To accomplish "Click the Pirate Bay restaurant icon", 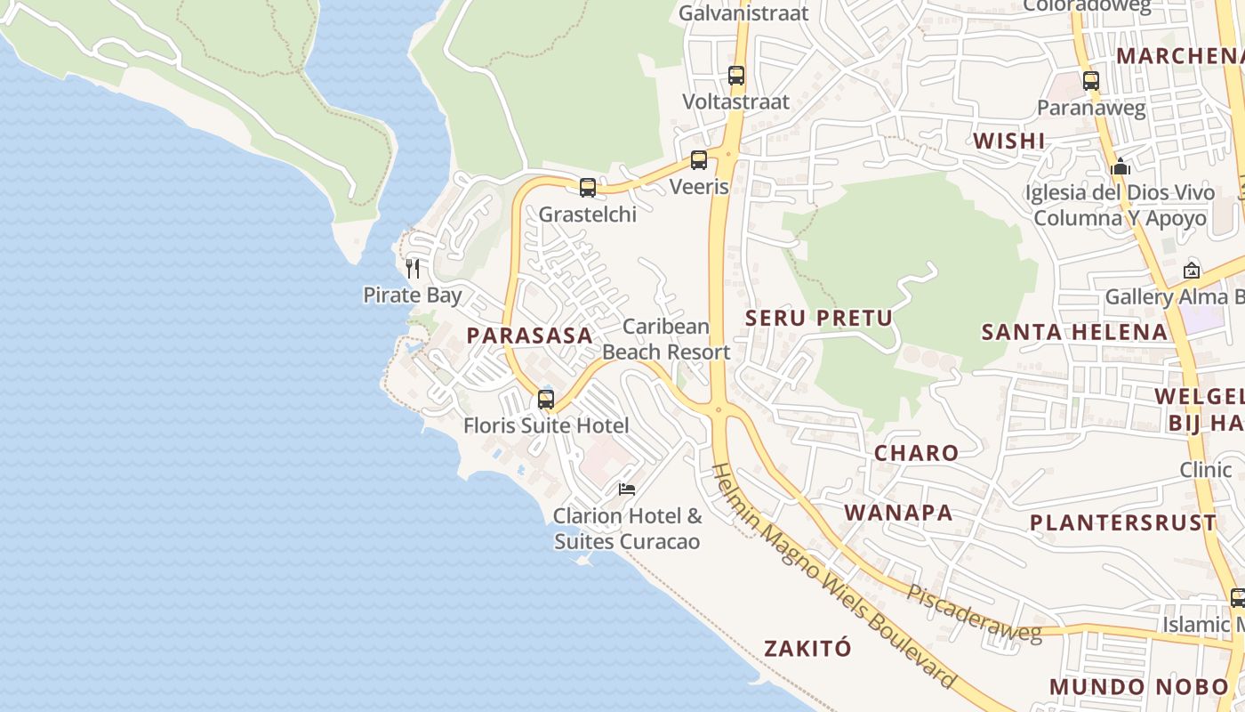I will click(413, 268).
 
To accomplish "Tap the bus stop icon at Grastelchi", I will click(588, 188).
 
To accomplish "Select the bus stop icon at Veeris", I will click(699, 160).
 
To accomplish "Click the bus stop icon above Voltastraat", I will click(736, 76).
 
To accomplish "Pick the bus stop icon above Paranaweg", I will click(1091, 81).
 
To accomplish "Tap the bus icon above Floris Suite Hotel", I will click(546, 400).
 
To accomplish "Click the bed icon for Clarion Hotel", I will click(627, 489).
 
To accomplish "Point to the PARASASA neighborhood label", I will click(530, 336).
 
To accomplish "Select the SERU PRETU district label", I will click(818, 319).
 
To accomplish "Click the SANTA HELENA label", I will click(1074, 333).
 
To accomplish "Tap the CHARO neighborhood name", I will click(916, 453).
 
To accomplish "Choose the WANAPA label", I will click(898, 513).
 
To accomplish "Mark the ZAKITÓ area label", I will click(807, 648).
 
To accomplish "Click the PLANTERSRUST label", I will click(1122, 522).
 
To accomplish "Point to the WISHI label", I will click(1008, 142).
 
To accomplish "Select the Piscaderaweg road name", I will click(974, 611).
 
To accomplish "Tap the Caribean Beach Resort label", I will click(666, 339).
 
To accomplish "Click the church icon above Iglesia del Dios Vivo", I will click(1120, 166).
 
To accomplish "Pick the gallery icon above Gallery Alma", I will click(1191, 271).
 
